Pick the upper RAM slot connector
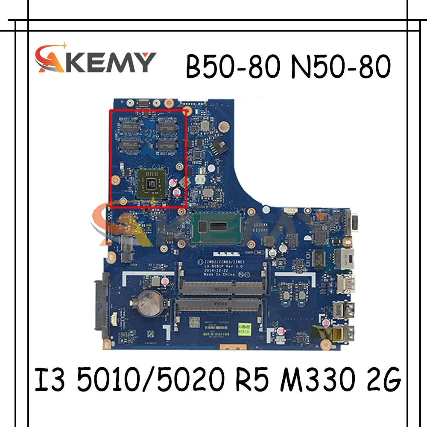click(x=221, y=286)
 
